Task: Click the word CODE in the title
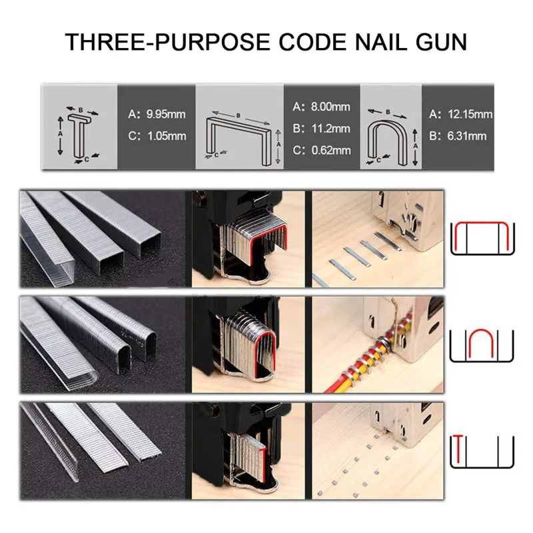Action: [312, 42]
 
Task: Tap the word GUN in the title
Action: [441, 42]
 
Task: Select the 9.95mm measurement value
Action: [166, 114]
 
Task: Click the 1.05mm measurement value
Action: [167, 136]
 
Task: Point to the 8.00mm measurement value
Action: [330, 107]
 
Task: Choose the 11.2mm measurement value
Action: [330, 129]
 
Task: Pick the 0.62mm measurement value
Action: [331, 151]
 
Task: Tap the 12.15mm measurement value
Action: [470, 114]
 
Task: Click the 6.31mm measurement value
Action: [467, 136]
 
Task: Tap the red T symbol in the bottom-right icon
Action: [458, 448]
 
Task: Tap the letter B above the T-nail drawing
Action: [81, 110]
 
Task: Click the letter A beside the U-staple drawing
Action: [415, 146]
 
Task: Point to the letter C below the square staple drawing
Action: [216, 155]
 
